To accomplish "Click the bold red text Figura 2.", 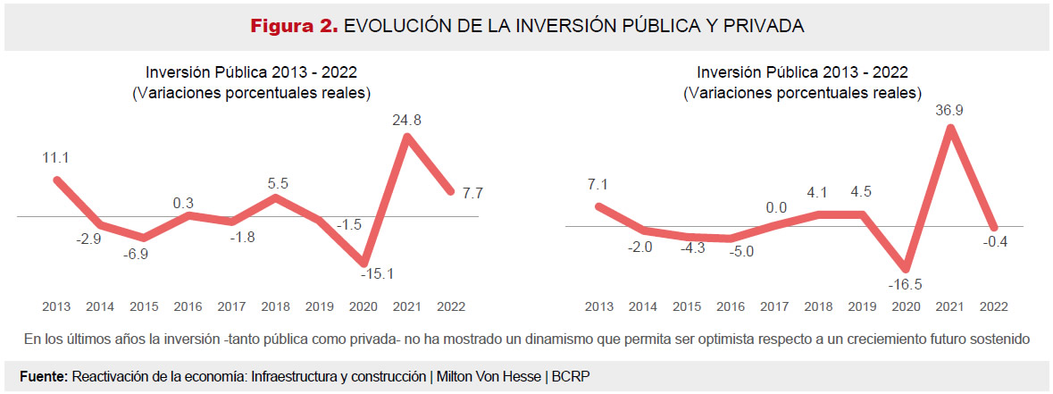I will (293, 27).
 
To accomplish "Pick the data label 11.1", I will (56, 157).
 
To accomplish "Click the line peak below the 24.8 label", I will (407, 137).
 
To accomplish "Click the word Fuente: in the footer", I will (44, 376).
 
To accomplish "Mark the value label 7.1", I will (598, 184).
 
